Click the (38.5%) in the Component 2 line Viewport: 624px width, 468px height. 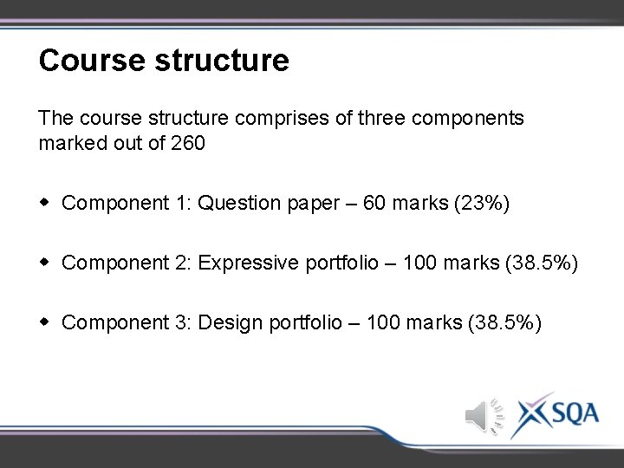pos(541,263)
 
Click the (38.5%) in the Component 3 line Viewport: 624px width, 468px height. pos(504,323)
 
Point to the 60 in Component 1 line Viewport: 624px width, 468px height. pos(375,204)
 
